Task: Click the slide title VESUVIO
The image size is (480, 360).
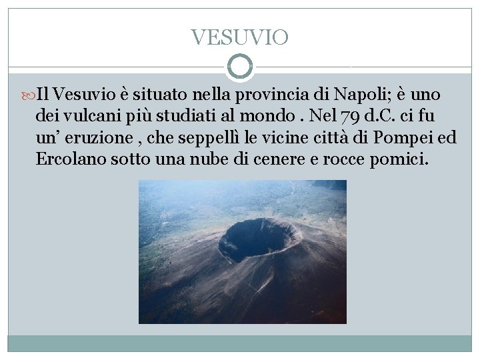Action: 239,37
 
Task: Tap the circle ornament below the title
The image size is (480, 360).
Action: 240,67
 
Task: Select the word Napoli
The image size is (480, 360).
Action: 359,91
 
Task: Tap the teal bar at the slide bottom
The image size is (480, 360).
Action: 240,343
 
